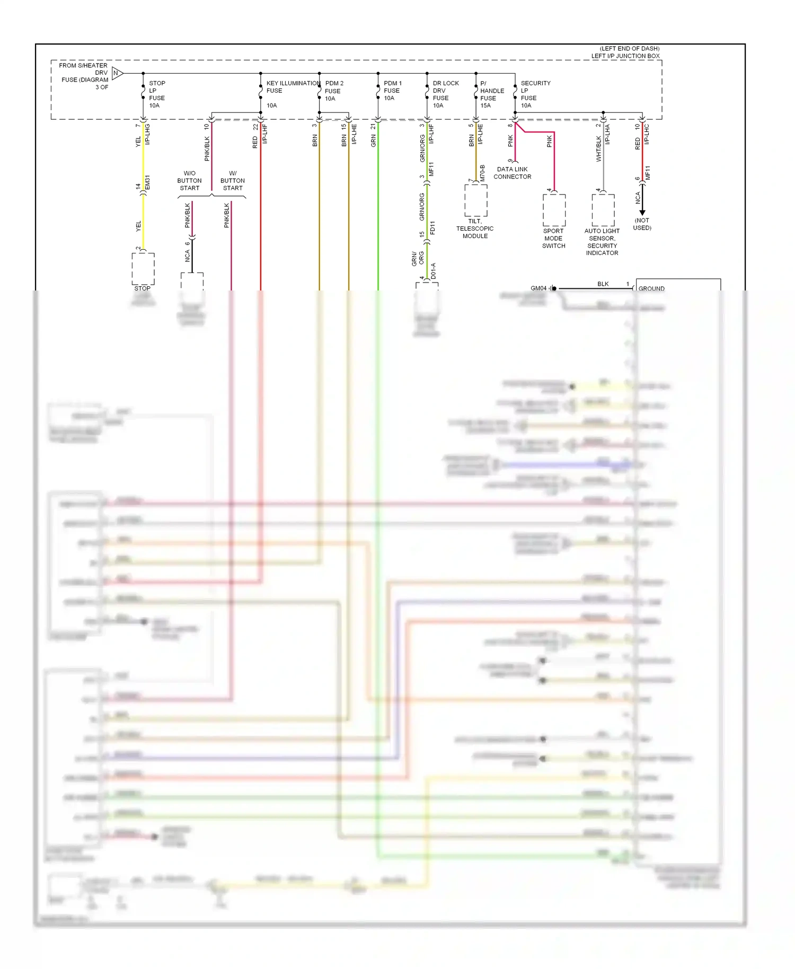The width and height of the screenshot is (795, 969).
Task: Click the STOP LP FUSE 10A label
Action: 157,94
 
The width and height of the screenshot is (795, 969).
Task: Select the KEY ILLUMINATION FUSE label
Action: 293,87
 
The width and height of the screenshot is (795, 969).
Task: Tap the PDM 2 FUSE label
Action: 334,91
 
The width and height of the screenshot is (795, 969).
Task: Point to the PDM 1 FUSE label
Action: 392,91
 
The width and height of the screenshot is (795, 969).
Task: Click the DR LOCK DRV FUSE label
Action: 445,94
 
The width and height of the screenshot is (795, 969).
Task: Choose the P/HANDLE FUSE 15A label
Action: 491,94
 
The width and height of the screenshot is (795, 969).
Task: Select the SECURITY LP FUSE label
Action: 535,94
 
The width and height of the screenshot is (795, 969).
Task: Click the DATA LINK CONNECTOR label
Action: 512,173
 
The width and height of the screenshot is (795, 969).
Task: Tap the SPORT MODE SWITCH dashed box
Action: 554,210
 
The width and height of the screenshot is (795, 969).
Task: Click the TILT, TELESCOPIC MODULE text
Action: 475,228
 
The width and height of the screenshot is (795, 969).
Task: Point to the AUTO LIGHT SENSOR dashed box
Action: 603,210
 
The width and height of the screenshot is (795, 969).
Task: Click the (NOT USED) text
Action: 642,224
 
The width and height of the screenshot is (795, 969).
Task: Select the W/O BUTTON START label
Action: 189,181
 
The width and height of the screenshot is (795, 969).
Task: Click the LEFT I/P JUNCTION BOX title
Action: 625,56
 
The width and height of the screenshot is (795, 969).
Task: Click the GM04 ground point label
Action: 538,288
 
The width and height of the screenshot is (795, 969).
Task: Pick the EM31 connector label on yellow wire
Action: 148,182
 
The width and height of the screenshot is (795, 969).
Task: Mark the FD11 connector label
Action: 432,228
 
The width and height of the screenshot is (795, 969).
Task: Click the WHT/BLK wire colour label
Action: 598,148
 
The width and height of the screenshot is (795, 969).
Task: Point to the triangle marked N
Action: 117,73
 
